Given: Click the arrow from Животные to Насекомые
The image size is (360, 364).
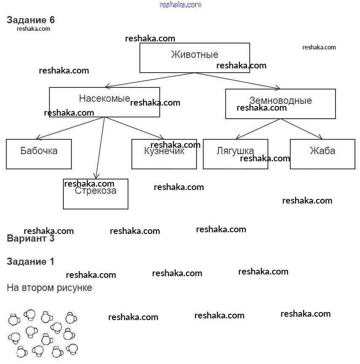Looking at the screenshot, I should pos(150,80).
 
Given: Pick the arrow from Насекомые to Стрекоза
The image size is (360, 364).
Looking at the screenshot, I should pos(100,148).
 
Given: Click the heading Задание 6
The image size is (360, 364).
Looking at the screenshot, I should pos(30,20).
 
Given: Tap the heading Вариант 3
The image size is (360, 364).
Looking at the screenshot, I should pos(30,239).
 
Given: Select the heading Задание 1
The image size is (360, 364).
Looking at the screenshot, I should pos(30,261).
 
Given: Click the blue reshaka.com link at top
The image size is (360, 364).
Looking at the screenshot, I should pos(180,5).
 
